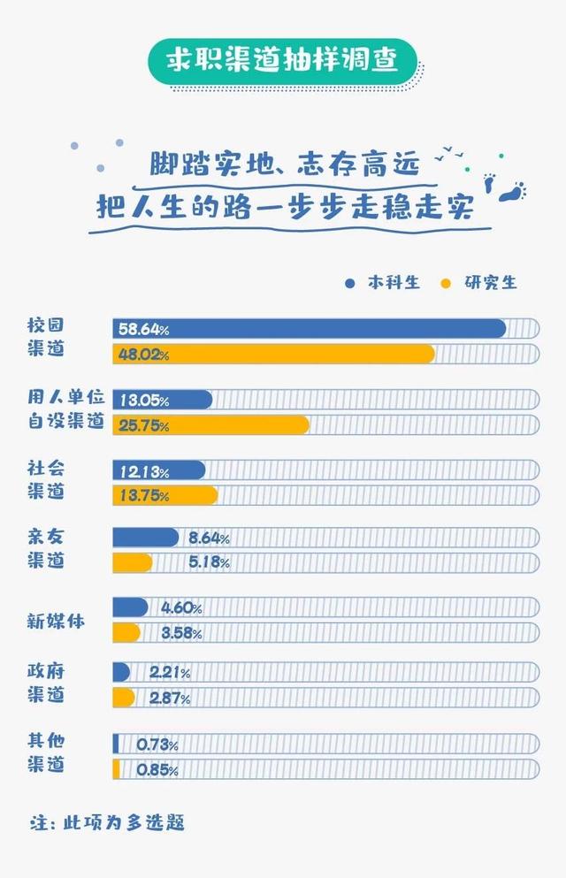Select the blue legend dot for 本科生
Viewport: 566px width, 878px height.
pyautogui.click(x=350, y=283)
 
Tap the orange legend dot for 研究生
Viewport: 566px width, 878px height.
pyautogui.click(x=446, y=283)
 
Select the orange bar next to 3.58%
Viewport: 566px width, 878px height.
pyautogui.click(x=126, y=633)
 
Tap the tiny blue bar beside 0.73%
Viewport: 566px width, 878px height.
pyautogui.click(x=116, y=744)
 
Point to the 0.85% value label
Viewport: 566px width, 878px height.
pyautogui.click(x=157, y=770)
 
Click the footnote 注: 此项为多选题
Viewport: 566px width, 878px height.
pyautogui.click(x=106, y=821)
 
